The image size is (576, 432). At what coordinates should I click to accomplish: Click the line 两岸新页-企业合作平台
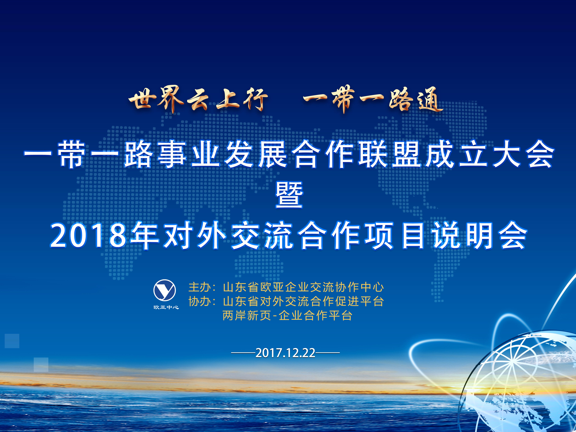click(x=287, y=316)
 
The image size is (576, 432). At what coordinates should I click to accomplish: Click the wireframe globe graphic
click(x=518, y=383)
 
